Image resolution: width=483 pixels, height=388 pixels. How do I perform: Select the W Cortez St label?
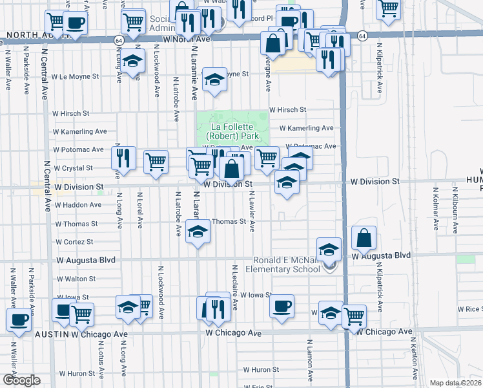point(74,242)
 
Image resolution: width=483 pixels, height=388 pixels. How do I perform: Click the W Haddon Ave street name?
point(78,205)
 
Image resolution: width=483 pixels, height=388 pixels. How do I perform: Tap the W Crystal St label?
point(74,168)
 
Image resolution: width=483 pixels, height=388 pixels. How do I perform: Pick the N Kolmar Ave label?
point(436,209)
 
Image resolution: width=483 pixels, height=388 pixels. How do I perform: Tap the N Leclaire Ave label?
point(233,283)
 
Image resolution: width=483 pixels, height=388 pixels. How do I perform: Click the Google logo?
point(21,380)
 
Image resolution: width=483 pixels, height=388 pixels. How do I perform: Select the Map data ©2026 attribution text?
point(456,383)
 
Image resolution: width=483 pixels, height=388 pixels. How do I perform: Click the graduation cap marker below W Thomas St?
point(197,233)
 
